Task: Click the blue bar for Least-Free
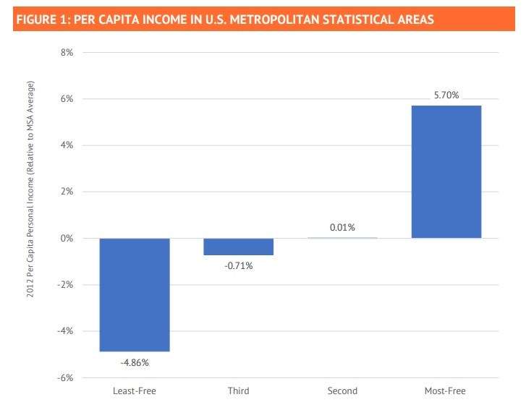pyautogui.click(x=135, y=294)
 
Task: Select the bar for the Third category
pyautogui.click(x=238, y=247)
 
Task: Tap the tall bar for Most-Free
pyautogui.click(x=446, y=171)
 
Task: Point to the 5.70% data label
pyautogui.click(x=446, y=95)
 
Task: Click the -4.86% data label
pyautogui.click(x=135, y=362)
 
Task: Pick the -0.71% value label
pyautogui.click(x=238, y=265)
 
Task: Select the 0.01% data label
pyautogui.click(x=342, y=227)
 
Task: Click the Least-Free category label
pyautogui.click(x=135, y=391)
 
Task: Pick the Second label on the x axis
pyautogui.click(x=342, y=391)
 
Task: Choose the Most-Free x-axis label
pyautogui.click(x=446, y=391)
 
